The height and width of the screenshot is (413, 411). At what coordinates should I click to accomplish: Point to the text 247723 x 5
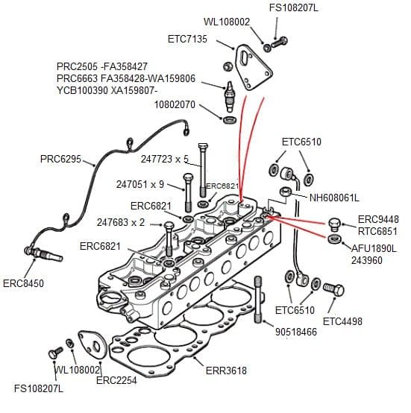pos(166,159)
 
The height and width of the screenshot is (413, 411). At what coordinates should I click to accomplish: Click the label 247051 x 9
pos(140,184)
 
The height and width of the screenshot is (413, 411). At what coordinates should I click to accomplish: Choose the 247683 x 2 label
pos(121,222)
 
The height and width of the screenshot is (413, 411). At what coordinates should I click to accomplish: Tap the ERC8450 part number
pos(24,283)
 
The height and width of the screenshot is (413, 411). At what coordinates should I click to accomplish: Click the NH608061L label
pos(334,198)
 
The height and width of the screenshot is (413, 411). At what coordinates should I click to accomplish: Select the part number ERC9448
pos(378,219)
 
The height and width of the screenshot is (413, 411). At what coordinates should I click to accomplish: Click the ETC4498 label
pos(342,321)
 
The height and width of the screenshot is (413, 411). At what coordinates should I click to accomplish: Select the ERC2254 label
pos(115,380)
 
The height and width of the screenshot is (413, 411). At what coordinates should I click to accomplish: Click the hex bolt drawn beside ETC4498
pos(334,289)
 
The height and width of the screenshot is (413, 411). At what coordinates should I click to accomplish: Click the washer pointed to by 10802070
pos(230,119)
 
